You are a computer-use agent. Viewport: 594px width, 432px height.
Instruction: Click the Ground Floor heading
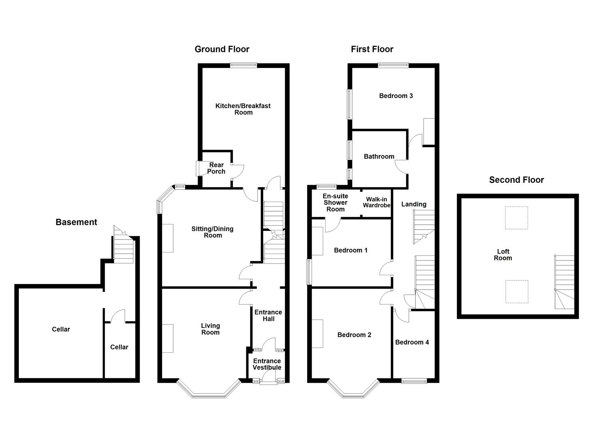click(x=222, y=49)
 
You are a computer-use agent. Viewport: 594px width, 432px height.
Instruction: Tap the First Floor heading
click(x=372, y=49)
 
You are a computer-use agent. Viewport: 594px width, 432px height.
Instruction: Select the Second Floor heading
click(x=516, y=180)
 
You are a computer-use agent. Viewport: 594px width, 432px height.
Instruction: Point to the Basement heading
click(x=76, y=222)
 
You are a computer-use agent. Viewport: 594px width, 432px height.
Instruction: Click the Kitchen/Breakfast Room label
click(x=243, y=109)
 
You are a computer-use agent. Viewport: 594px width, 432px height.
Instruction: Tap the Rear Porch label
click(x=216, y=168)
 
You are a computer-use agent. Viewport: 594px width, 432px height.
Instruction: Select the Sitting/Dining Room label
click(x=212, y=232)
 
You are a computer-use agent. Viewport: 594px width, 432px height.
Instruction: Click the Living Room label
click(x=210, y=329)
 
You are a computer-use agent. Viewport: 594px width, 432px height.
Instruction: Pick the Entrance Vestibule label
click(x=267, y=364)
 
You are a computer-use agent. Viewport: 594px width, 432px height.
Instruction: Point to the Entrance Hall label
click(x=268, y=315)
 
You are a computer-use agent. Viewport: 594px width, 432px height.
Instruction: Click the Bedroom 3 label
click(x=396, y=96)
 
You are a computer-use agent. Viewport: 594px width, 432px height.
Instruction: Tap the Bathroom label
click(x=379, y=156)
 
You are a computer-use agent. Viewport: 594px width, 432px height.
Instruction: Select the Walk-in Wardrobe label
click(x=376, y=202)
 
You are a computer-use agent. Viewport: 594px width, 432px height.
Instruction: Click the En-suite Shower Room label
click(x=336, y=202)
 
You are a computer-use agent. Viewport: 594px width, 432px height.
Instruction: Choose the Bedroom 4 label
click(x=412, y=342)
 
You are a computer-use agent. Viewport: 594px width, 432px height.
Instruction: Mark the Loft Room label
click(x=503, y=255)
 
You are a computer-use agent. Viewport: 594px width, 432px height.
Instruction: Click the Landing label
click(x=414, y=204)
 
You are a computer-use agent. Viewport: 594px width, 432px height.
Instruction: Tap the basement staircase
click(x=123, y=248)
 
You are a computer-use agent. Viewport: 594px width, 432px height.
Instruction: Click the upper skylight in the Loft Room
click(x=516, y=218)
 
